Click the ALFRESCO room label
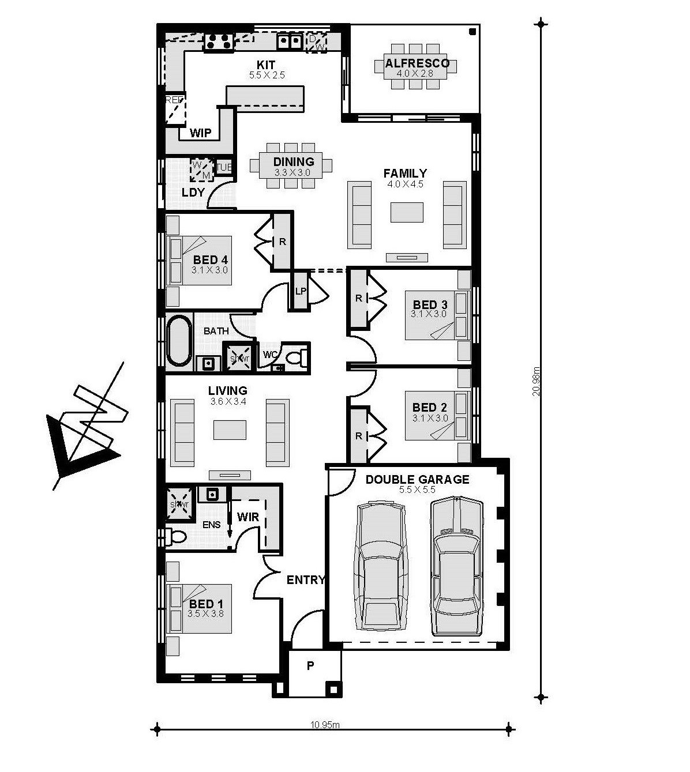coord(417,63)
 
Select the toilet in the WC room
coord(296,357)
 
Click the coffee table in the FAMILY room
coord(407,212)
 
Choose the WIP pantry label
coord(201,133)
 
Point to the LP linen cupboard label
coord(300,292)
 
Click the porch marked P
coord(310,666)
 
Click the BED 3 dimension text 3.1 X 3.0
coord(429,314)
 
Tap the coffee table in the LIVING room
coord(230,430)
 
